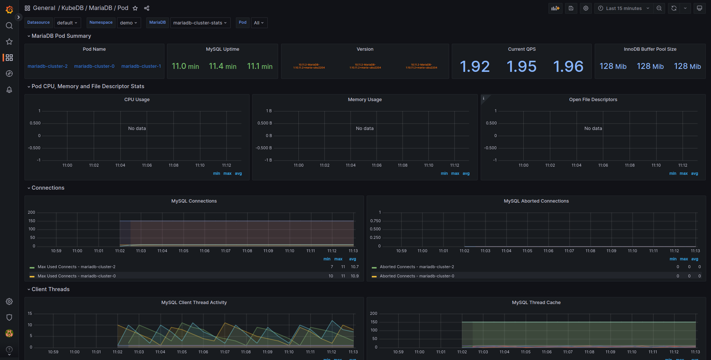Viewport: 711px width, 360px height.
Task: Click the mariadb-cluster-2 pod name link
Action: coord(47,66)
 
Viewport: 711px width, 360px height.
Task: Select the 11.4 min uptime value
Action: coord(222,66)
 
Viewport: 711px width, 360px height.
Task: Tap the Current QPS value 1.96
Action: coord(568,67)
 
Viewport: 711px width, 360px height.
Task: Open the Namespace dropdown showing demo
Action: coord(128,23)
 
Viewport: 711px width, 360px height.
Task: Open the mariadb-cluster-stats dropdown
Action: coord(200,23)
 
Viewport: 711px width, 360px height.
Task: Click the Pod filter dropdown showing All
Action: coord(259,23)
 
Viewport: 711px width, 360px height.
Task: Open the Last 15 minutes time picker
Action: coord(624,8)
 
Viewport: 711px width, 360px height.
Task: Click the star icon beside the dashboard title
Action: coord(135,8)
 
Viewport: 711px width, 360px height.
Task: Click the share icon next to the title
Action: coord(147,8)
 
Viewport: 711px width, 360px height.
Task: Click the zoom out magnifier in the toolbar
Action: coord(659,8)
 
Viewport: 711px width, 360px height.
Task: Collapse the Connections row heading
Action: coord(48,188)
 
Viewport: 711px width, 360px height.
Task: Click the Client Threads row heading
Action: coord(50,289)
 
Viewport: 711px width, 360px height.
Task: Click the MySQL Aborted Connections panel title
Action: coord(536,201)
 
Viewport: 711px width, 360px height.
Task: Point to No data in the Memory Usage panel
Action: coord(364,129)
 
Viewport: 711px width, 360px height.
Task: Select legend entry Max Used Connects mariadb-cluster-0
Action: coord(77,276)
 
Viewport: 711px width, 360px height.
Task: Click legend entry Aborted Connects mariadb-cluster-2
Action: coord(417,267)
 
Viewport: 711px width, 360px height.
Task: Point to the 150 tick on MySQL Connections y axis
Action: coord(32,221)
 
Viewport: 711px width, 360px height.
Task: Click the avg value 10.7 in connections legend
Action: coord(354,267)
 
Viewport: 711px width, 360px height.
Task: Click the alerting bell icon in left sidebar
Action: coord(9,90)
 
